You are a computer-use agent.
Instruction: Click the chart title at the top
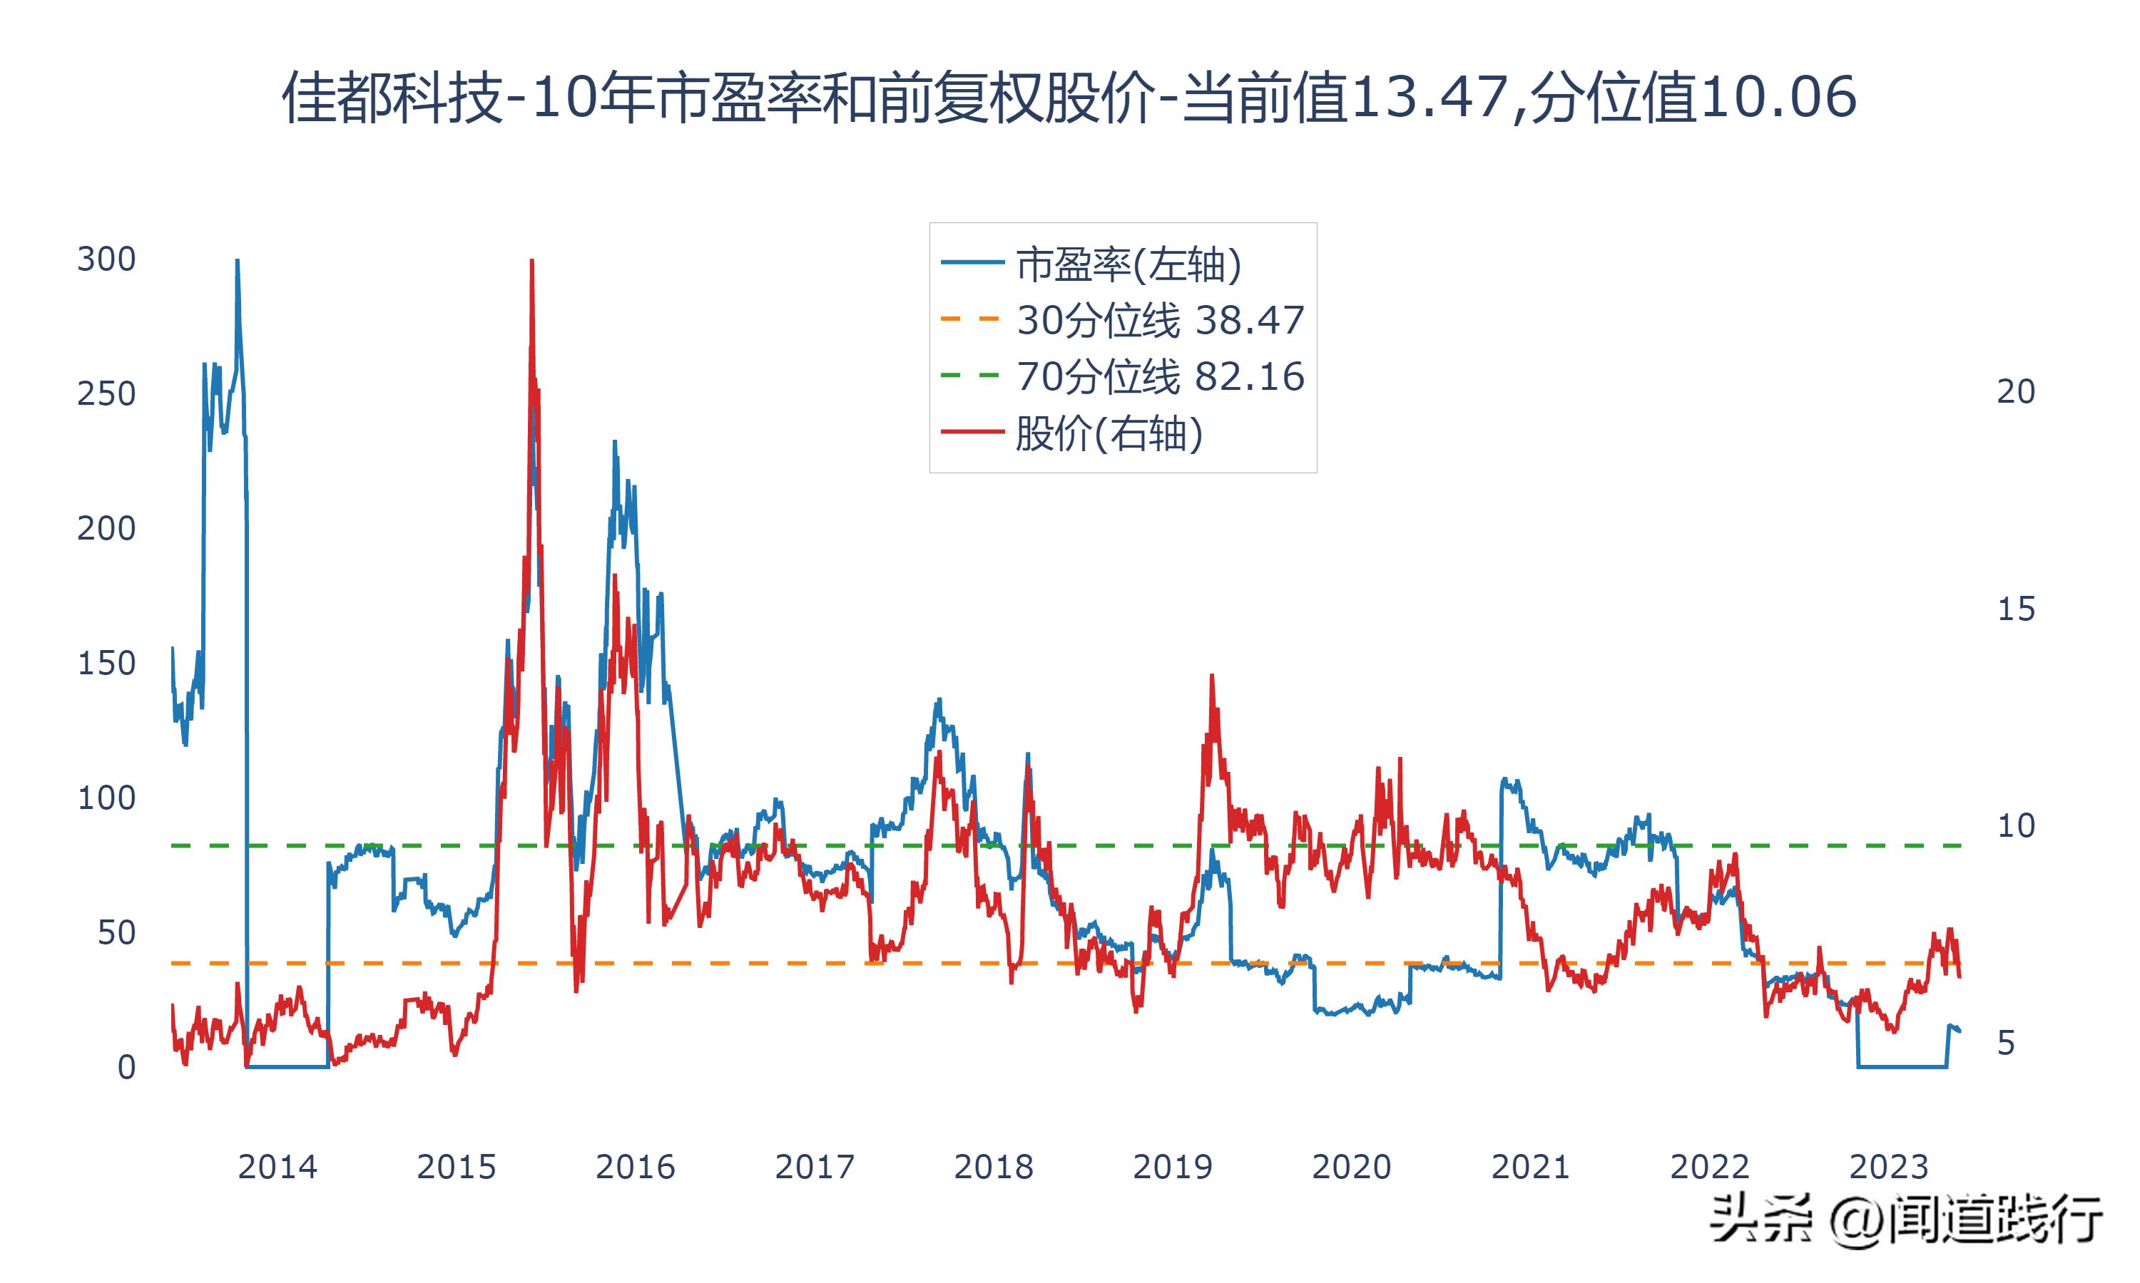click(x=1069, y=97)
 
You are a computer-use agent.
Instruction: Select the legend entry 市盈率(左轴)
click(x=1128, y=264)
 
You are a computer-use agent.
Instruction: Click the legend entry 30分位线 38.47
click(x=1159, y=320)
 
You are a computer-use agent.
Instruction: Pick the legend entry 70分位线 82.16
click(x=1159, y=376)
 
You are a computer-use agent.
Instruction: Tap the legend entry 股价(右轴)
click(x=1109, y=432)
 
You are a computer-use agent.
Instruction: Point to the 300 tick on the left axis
click(x=106, y=259)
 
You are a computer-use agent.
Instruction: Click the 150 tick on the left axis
click(x=106, y=663)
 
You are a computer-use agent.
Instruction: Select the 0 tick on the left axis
click(x=126, y=1068)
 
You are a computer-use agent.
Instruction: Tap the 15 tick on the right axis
click(x=2015, y=609)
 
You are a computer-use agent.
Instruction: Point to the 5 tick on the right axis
click(x=2006, y=1044)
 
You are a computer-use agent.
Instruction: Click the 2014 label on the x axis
click(x=277, y=1167)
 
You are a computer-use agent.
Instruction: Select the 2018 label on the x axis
click(x=993, y=1167)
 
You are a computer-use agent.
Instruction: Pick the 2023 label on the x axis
click(x=1888, y=1167)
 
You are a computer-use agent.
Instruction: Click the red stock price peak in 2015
click(x=531, y=261)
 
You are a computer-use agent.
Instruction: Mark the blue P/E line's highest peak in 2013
click(x=237, y=261)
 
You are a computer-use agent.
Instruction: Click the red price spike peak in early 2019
click(x=1212, y=677)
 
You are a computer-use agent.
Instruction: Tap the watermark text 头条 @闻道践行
click(x=1905, y=1219)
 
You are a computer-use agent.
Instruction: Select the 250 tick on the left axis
click(x=106, y=394)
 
